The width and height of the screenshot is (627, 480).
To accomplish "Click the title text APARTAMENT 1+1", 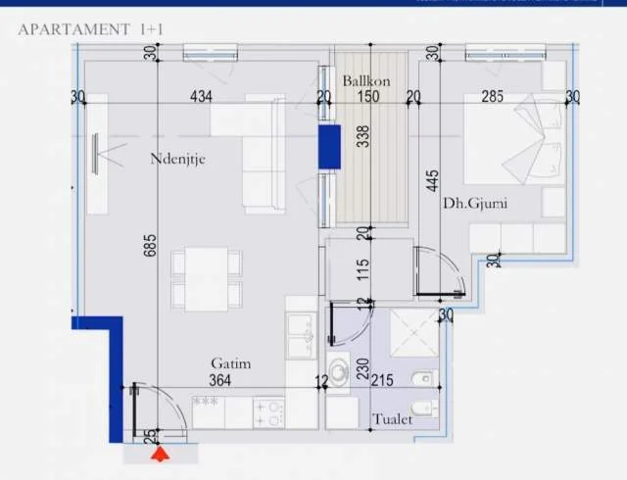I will click(x=91, y=29).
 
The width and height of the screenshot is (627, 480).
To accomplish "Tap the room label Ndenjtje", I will click(x=177, y=158).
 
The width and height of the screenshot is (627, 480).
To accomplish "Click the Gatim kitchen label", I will click(x=230, y=363).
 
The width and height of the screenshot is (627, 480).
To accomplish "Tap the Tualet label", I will click(x=392, y=419).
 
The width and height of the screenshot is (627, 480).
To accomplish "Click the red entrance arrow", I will click(x=158, y=453).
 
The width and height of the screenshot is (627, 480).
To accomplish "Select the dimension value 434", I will click(x=201, y=96).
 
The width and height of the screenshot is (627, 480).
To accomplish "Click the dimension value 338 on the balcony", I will click(x=363, y=136).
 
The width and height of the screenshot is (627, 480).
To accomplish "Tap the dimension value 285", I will click(x=492, y=96).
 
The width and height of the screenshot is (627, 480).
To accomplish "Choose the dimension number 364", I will click(x=221, y=381).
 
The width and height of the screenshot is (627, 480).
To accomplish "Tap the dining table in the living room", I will click(x=207, y=278).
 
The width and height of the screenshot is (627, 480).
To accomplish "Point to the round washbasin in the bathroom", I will click(x=339, y=373).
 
